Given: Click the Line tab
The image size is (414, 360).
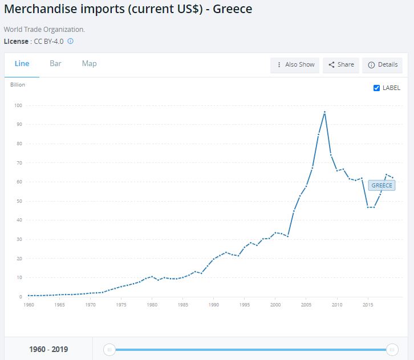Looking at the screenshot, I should [x=22, y=64].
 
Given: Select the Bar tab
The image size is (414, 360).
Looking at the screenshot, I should [x=55, y=64].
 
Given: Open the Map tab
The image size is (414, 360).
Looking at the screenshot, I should [x=89, y=64].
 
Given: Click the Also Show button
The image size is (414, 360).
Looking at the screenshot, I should [x=295, y=65].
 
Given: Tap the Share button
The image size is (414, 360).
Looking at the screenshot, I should [x=340, y=65].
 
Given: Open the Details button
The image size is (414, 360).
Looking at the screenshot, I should [x=382, y=65].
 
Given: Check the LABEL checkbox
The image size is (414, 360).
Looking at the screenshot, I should [x=376, y=88].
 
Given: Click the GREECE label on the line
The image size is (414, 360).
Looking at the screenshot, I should [x=381, y=186].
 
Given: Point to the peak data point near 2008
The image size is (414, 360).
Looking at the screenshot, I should [x=324, y=112].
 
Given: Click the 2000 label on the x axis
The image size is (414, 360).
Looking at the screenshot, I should [x=275, y=305].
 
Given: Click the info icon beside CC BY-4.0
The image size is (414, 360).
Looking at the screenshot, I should [x=70, y=42].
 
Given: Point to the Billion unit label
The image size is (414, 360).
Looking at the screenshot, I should [x=18, y=85].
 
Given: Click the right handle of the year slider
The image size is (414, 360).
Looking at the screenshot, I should [x=392, y=349].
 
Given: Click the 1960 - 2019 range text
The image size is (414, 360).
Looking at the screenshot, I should [x=48, y=349].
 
